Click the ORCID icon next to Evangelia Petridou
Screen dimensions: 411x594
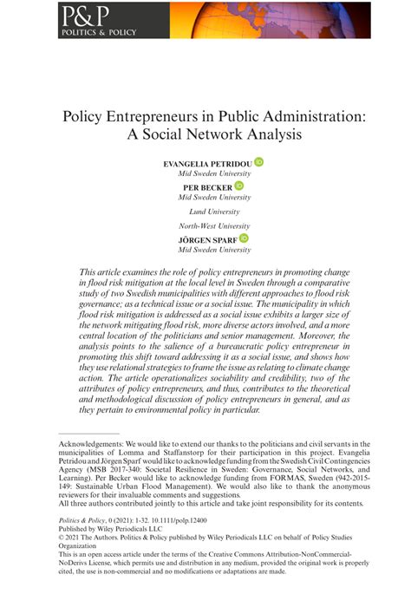pyautogui.click(x=259, y=162)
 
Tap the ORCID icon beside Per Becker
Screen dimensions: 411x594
pyautogui.click(x=239, y=186)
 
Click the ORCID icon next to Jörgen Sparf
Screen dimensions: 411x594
pyautogui.click(x=245, y=237)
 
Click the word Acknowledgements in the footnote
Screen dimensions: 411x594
pyautogui.click(x=95, y=443)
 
